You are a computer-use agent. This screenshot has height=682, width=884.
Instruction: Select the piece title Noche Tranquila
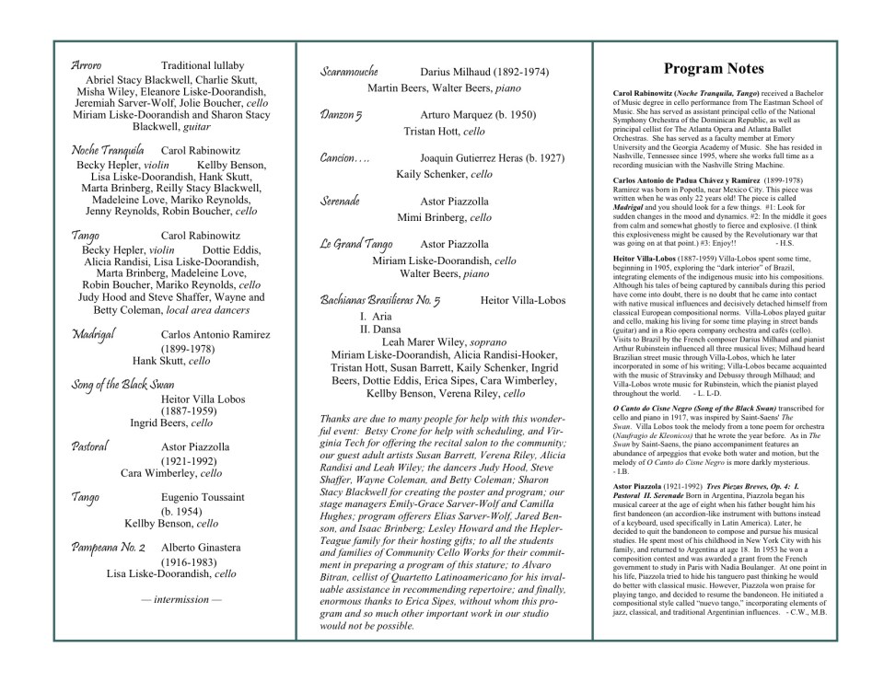pos(107,150)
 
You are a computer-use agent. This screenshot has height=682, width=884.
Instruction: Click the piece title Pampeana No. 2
pos(109,548)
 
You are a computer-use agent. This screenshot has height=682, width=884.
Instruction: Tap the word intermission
pos(180,600)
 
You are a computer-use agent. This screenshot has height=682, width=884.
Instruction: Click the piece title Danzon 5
pos(341,115)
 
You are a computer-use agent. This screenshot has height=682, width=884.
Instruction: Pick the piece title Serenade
pos(340,201)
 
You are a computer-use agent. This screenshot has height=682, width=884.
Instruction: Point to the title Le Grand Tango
pos(355,244)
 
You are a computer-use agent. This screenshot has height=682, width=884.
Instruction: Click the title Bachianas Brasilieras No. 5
pos(380,300)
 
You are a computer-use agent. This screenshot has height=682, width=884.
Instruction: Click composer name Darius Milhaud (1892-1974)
pos(484,72)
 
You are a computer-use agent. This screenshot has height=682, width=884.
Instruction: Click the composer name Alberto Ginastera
pos(202,548)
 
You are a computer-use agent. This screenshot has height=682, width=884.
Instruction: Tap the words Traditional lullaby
pos(203,65)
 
